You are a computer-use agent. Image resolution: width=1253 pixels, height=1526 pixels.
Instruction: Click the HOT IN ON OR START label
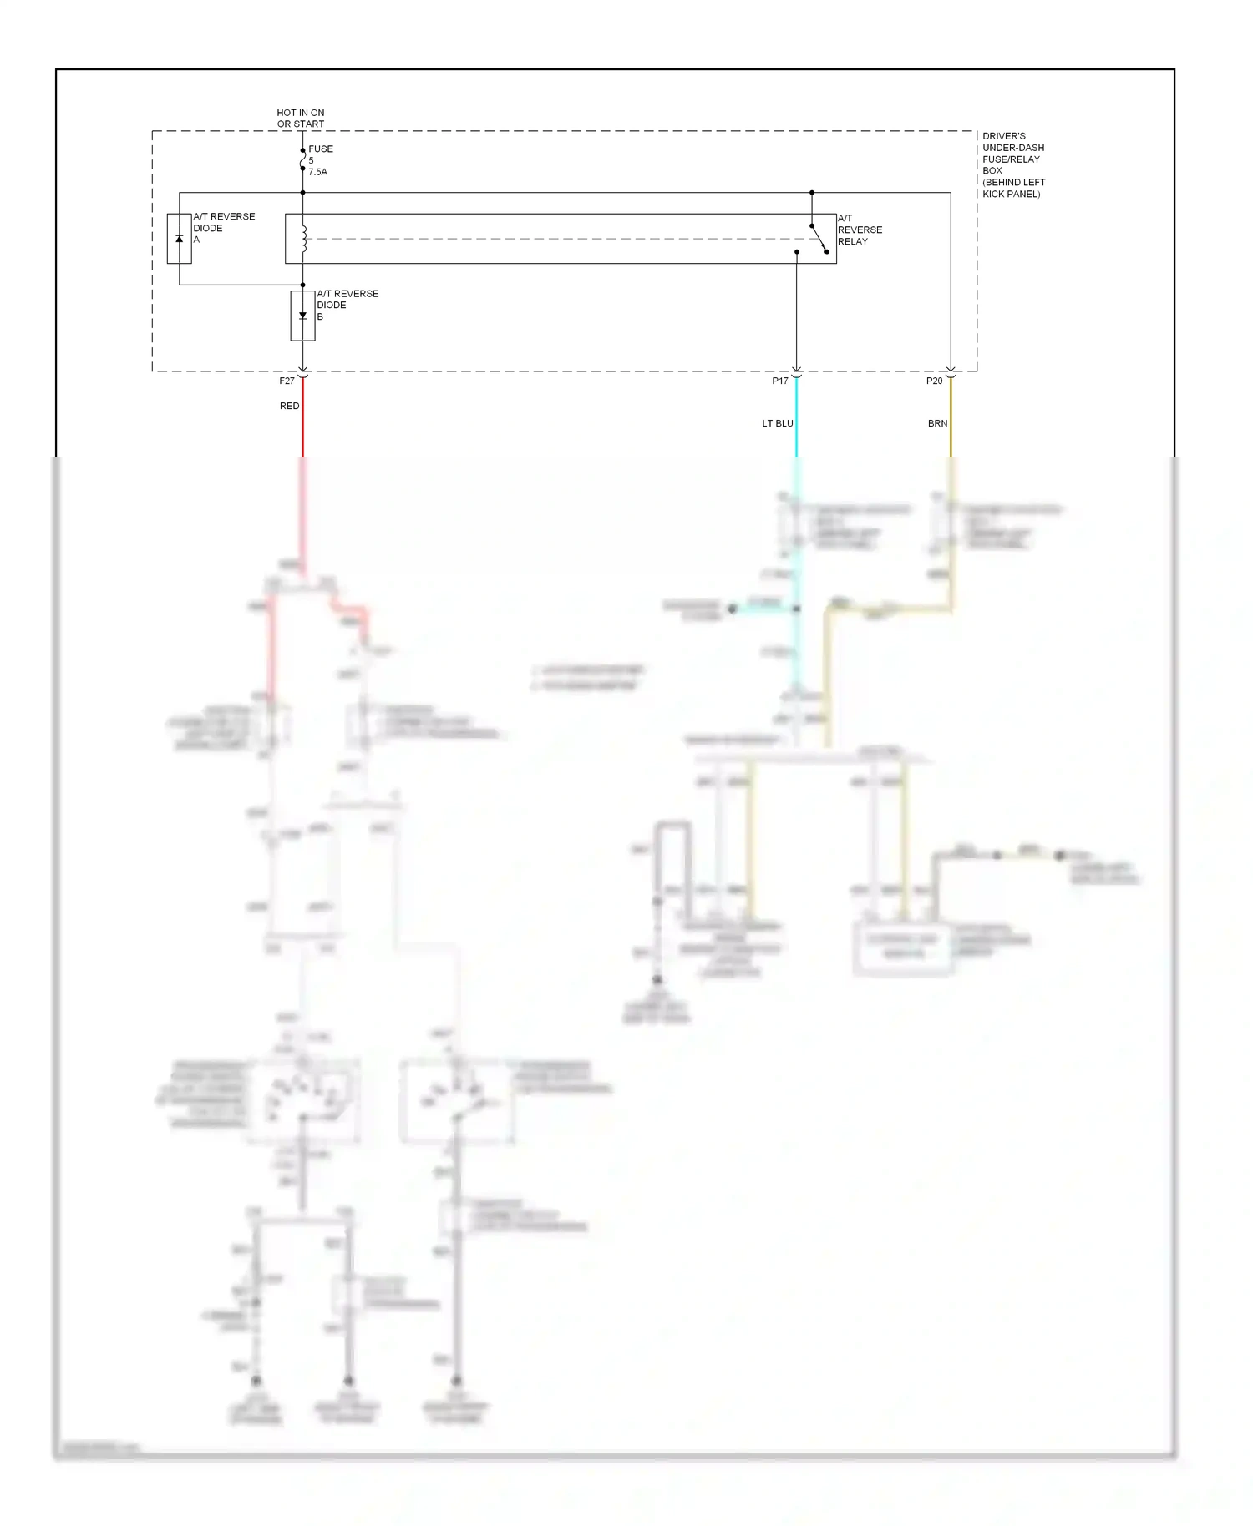301,118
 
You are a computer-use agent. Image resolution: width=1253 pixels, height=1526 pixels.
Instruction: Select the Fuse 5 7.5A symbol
302,159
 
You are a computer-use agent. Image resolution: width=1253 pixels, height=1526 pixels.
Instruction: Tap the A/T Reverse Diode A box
179,239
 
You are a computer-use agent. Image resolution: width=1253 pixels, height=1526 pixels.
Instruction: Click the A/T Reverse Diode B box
302,316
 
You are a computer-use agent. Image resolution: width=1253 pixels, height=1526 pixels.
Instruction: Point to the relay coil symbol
303,239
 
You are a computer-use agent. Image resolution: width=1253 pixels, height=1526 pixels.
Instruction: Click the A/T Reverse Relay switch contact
819,239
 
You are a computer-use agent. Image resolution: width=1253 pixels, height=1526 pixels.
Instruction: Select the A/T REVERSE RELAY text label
859,230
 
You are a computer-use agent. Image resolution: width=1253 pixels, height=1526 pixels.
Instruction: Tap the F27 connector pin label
287,381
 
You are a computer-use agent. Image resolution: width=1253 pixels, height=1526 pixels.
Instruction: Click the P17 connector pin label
779,381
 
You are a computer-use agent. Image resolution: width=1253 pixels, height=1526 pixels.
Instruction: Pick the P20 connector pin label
934,381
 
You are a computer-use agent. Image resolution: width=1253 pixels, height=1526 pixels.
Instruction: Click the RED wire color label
289,406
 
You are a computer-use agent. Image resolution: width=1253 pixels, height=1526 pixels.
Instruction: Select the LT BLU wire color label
777,423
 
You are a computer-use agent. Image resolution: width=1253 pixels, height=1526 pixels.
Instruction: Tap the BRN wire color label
937,423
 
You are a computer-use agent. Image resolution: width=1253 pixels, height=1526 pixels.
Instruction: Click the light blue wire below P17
796,434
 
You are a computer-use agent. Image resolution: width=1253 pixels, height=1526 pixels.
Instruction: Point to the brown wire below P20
951,434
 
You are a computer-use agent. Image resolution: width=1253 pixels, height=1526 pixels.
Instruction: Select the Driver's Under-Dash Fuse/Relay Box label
1012,164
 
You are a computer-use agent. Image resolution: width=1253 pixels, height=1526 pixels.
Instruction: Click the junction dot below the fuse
302,193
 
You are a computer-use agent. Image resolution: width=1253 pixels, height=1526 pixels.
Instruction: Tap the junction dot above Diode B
302,285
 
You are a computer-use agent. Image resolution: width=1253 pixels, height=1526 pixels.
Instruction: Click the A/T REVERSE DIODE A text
223,228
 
